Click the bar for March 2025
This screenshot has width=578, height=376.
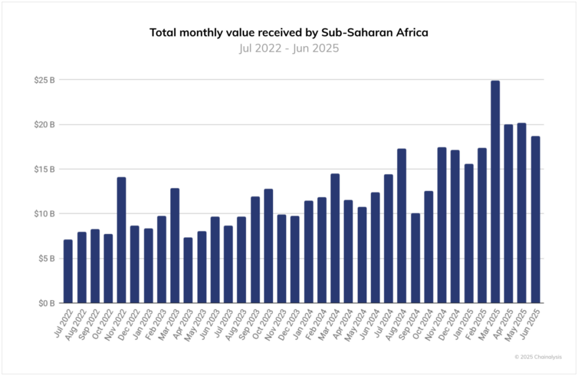pyautogui.click(x=495, y=192)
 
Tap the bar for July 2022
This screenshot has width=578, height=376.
pyautogui.click(x=68, y=271)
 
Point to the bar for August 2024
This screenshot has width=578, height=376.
pyautogui.click(x=401, y=226)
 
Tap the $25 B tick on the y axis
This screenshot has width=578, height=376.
pyautogui.click(x=44, y=80)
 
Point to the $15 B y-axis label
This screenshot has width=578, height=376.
pyautogui.click(x=44, y=169)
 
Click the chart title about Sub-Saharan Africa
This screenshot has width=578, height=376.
pyautogui.click(x=288, y=33)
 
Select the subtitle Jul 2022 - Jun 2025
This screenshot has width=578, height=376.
pyautogui.click(x=288, y=48)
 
